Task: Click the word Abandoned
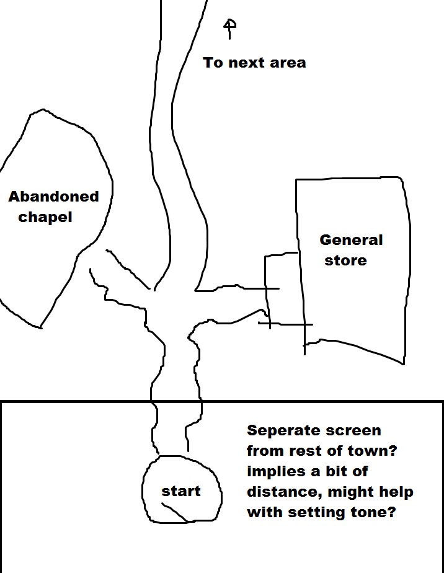pyautogui.click(x=53, y=197)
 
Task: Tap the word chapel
pyautogui.click(x=45, y=218)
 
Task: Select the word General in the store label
pyautogui.click(x=351, y=240)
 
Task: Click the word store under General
pyautogui.click(x=345, y=260)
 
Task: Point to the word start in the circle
pyautogui.click(x=181, y=491)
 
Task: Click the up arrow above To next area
pyautogui.click(x=229, y=29)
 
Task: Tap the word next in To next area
pyautogui.click(x=246, y=63)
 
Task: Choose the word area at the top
pyautogui.click(x=288, y=63)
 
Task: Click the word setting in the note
pyautogui.click(x=317, y=513)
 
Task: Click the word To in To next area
pyautogui.click(x=213, y=63)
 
